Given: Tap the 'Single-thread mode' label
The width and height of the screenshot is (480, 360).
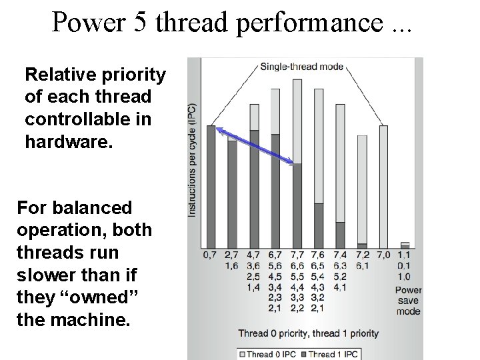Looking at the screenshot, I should [301, 66].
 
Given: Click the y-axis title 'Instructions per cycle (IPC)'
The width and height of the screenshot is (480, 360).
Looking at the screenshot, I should [192, 160].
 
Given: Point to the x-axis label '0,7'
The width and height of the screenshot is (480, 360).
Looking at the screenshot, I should [211, 255].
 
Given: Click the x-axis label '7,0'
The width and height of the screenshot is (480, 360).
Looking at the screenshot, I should [383, 255].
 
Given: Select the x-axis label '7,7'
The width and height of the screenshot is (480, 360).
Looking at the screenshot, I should [297, 255].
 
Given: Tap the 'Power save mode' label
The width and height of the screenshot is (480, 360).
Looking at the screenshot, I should [408, 301].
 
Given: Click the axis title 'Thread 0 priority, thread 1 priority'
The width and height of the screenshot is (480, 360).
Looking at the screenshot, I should [308, 333].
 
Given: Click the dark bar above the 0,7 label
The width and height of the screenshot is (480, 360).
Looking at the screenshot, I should [211, 187].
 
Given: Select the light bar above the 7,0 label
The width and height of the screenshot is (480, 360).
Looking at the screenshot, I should [383, 187].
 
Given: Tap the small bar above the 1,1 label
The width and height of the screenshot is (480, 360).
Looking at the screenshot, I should [405, 245].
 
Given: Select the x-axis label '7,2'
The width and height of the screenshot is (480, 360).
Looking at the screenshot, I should [362, 255].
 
